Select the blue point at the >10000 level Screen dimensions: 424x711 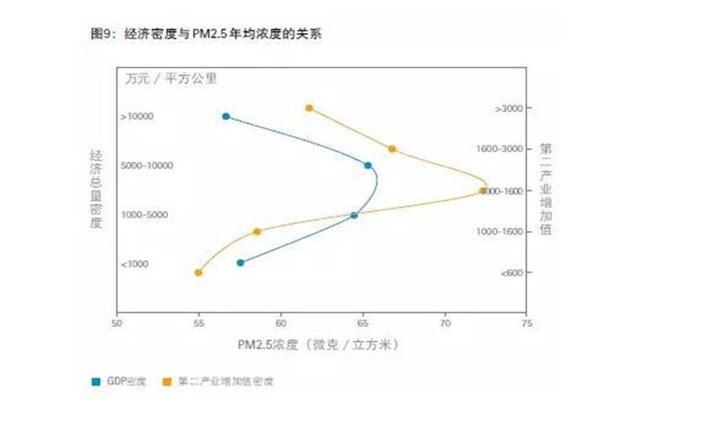(x=226, y=116)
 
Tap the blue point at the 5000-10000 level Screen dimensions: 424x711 (x=368, y=165)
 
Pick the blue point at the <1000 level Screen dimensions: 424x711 (x=240, y=262)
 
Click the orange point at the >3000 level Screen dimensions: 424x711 (x=309, y=108)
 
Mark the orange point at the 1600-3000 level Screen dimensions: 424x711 (x=392, y=148)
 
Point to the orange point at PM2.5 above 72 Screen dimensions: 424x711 (x=483, y=191)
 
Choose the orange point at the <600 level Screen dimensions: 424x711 (x=198, y=272)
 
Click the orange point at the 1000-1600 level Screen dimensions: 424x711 (x=257, y=231)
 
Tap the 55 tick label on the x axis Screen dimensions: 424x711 (x=198, y=324)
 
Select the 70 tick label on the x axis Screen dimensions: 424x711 (x=445, y=324)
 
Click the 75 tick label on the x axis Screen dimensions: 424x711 (x=527, y=324)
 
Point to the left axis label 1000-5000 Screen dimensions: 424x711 (x=146, y=215)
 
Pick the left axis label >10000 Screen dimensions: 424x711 (x=136, y=117)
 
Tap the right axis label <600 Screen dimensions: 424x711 (x=510, y=273)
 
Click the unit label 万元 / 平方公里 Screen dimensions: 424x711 (x=171, y=79)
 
